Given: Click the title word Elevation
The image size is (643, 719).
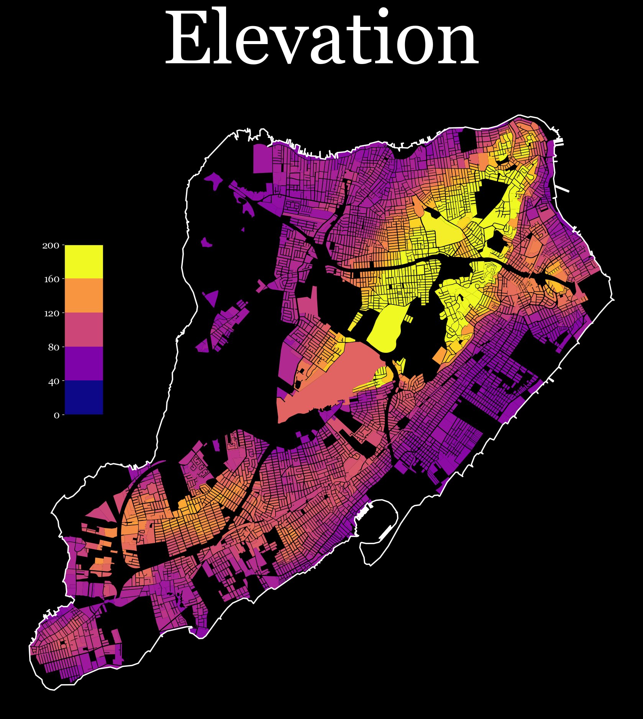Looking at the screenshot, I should (x=322, y=38).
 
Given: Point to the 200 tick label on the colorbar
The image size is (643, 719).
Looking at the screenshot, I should (x=51, y=245).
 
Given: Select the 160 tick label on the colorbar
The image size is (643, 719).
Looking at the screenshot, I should (x=52, y=279).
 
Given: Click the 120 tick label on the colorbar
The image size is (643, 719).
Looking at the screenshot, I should (x=52, y=313).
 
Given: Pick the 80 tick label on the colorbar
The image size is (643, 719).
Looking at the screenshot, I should (x=54, y=347).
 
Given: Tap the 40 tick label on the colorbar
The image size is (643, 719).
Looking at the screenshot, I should (x=54, y=382).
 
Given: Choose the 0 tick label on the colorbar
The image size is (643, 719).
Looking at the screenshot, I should (x=57, y=415).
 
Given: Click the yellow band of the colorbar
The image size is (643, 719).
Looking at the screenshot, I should (x=84, y=262).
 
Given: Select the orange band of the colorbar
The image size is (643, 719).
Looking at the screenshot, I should (x=84, y=295).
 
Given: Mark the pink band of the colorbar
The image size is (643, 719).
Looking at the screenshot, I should (x=84, y=329).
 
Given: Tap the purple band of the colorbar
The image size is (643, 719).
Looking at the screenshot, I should (x=84, y=363).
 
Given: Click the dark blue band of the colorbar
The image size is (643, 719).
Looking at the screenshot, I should (x=84, y=397).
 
